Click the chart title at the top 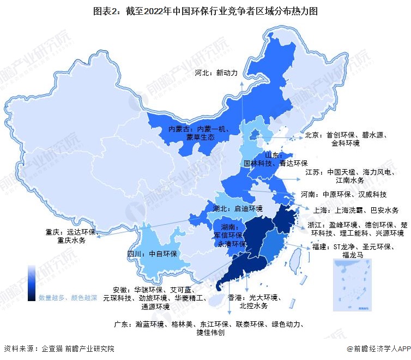click(x=205, y=10)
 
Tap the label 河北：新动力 click(x=216, y=72)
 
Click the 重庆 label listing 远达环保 click(x=70, y=236)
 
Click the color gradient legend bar click(x=32, y=283)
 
